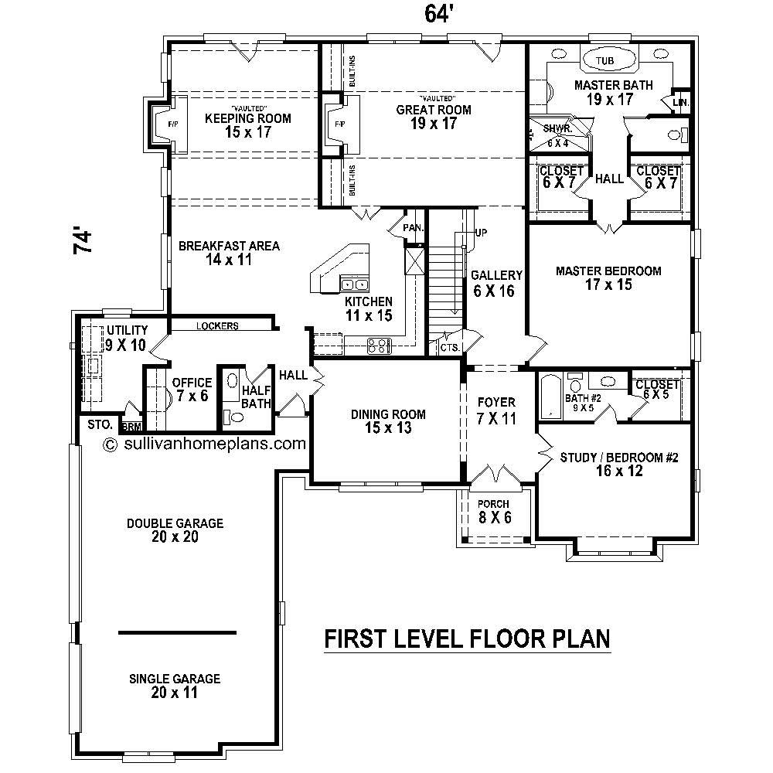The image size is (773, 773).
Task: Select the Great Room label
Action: [x=434, y=116]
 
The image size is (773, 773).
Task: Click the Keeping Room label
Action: [x=247, y=124]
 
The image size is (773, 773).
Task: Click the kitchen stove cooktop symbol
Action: [x=379, y=346]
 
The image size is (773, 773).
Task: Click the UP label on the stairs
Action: [x=482, y=233]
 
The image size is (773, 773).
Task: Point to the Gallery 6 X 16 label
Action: [x=497, y=283]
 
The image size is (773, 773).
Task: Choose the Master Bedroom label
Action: [x=608, y=278]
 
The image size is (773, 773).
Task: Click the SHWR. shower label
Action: [x=557, y=129]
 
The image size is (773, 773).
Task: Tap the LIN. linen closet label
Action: [x=680, y=102]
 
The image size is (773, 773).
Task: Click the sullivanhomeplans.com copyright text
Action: [x=205, y=444]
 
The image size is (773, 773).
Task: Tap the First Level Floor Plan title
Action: [x=467, y=638]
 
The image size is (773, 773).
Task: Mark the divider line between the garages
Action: [x=177, y=632]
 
